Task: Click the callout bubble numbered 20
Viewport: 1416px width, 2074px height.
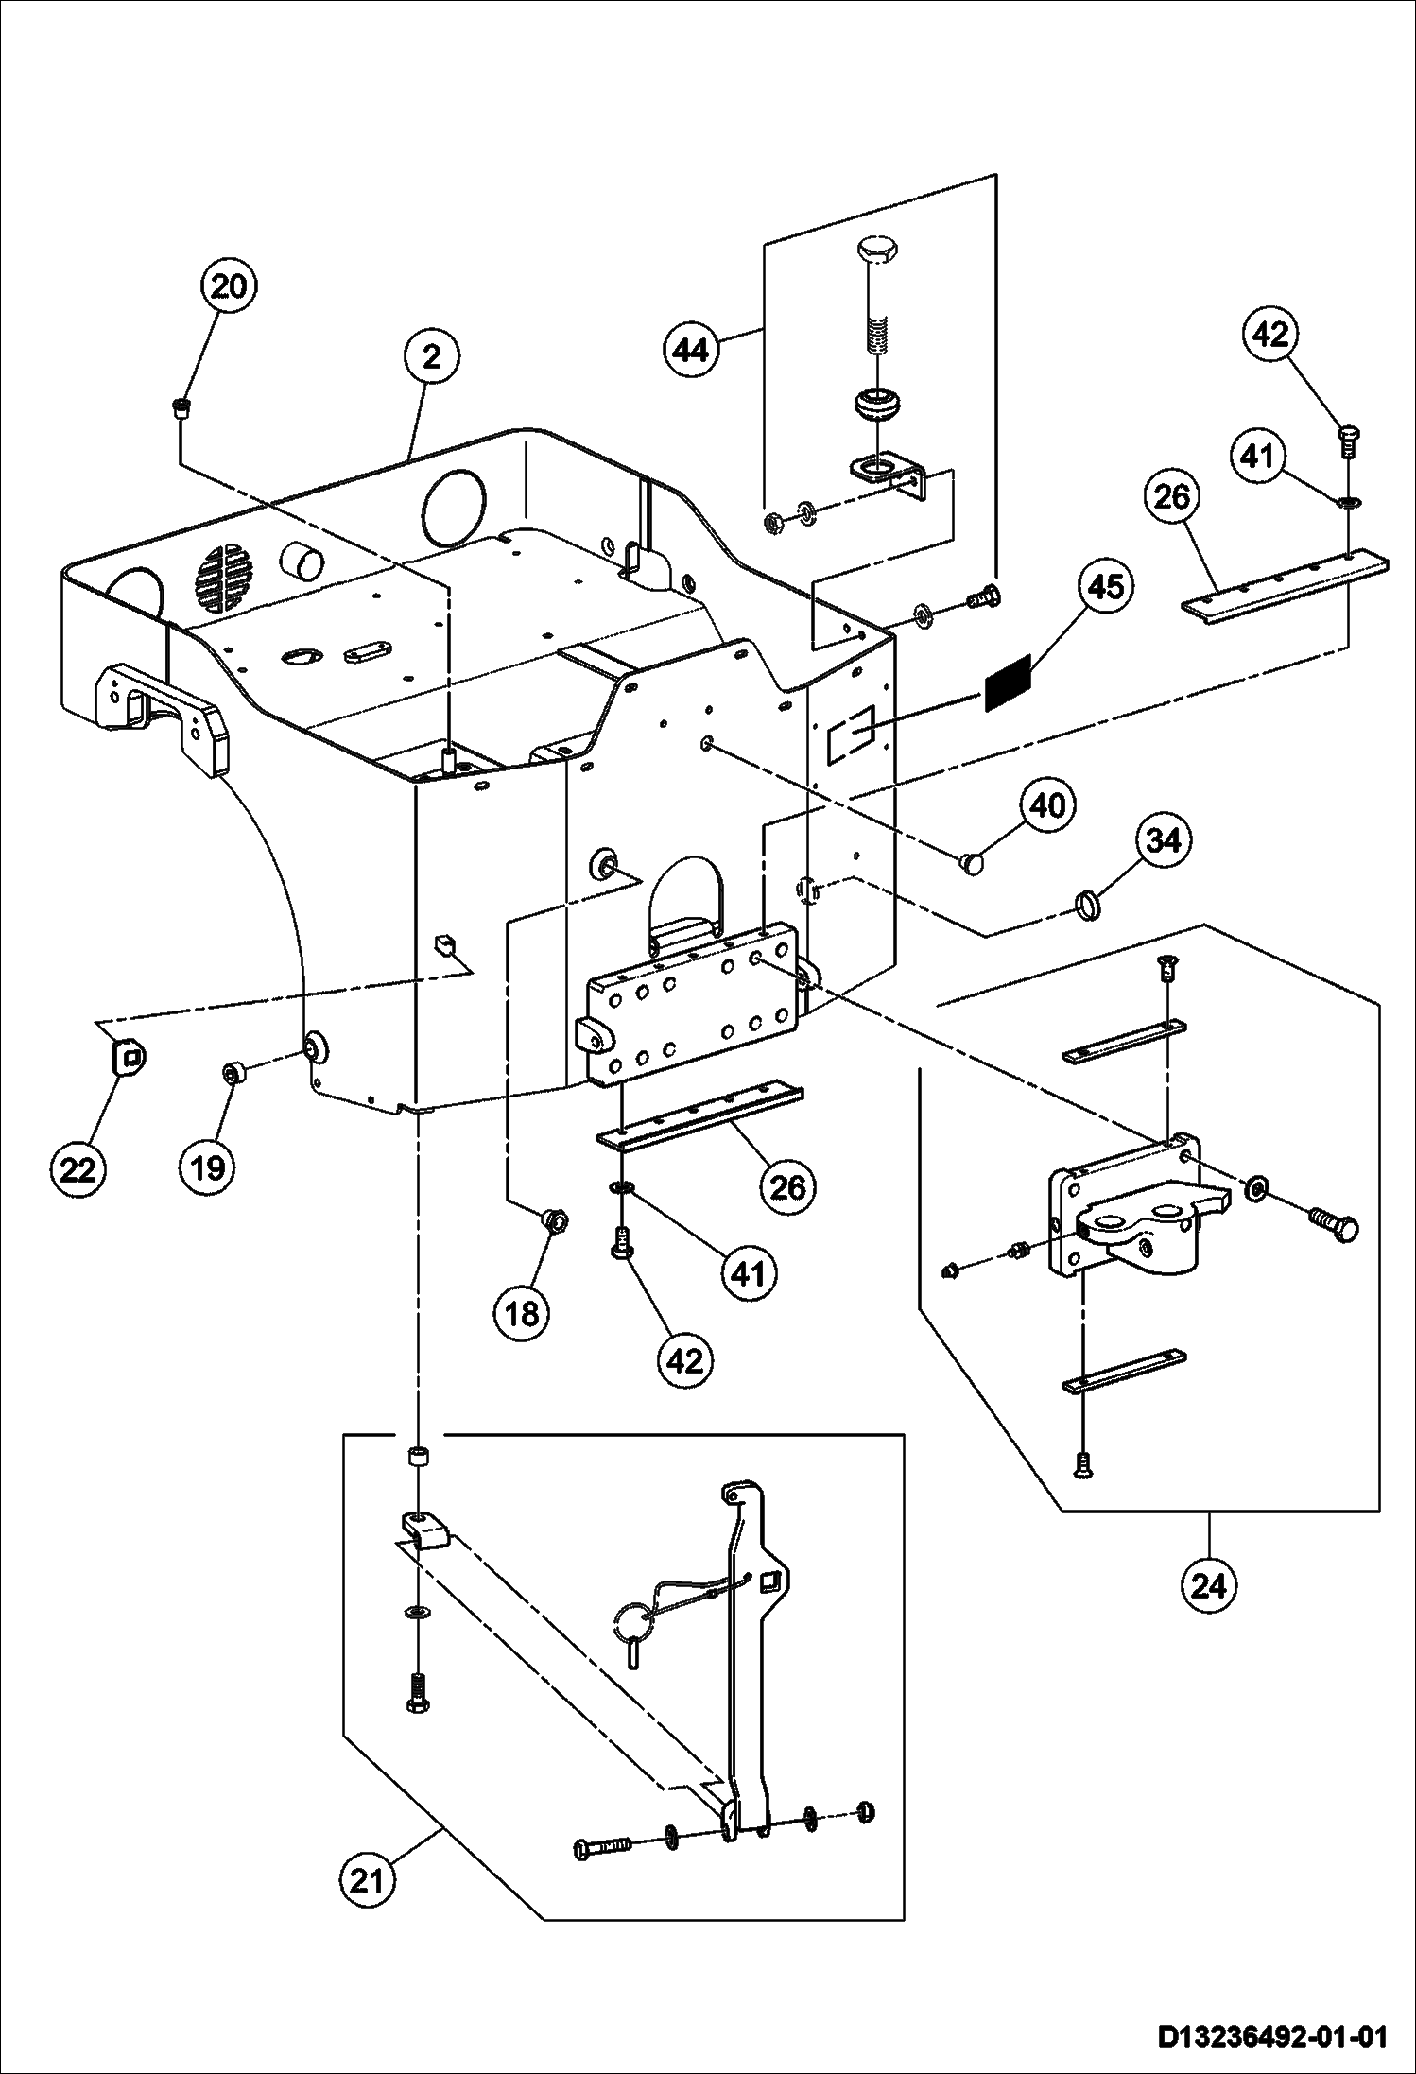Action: tap(228, 285)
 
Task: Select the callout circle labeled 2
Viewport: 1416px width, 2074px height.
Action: tap(431, 357)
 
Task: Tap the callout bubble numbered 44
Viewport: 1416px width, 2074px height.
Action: tap(690, 351)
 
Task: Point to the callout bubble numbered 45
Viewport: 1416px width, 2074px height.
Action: tap(1106, 586)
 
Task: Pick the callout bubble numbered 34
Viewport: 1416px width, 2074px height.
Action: tap(1164, 839)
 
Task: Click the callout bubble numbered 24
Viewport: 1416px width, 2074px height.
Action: tap(1209, 1585)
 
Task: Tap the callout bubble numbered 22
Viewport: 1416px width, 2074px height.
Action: tap(78, 1170)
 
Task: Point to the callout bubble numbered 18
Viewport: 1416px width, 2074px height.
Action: tap(523, 1312)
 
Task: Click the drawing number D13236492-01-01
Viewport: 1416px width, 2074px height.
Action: tap(1271, 2033)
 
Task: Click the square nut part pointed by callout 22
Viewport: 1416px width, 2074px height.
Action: tap(128, 1055)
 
